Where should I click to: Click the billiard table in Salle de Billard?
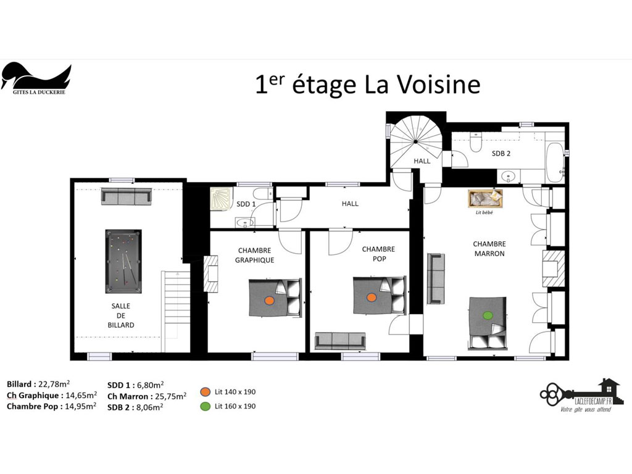123,261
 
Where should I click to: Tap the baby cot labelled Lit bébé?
485,199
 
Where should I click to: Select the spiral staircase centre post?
415,141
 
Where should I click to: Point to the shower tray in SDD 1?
221,198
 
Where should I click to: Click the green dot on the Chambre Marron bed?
488,315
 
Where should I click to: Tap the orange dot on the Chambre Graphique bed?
269,301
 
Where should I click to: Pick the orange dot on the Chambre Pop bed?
371,297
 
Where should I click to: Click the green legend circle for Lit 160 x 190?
205,406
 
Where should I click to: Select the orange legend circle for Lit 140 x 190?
205,392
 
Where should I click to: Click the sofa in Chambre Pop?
340,341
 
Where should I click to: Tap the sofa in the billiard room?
126,196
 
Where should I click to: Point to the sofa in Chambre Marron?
436,278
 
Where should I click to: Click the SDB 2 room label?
501,154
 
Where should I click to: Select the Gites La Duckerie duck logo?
36,78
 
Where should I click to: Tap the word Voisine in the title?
438,84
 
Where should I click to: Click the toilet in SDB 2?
476,143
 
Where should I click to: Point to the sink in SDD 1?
244,222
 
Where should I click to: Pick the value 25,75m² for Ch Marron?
170,396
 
